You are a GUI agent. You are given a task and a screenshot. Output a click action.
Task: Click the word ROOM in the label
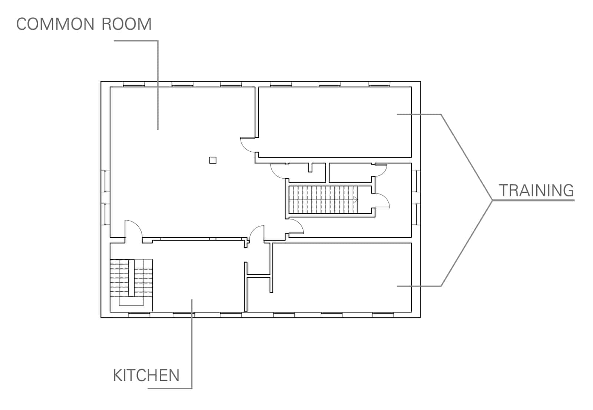coord(126,24)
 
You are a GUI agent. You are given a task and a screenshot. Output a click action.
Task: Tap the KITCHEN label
coord(146,376)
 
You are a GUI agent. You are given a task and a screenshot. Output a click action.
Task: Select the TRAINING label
coord(536,191)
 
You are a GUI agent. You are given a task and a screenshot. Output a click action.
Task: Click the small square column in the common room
coord(213,160)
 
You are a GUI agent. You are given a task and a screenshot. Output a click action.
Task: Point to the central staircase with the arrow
coord(323,199)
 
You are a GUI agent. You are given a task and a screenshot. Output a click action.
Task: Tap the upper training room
coord(335,122)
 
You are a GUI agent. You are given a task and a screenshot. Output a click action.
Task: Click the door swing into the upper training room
coord(248,145)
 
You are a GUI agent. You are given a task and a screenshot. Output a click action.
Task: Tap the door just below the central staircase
coord(295,226)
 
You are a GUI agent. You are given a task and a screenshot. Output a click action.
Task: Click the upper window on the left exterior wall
coord(106,181)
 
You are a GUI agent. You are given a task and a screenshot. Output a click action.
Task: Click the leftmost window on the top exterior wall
coord(134,84)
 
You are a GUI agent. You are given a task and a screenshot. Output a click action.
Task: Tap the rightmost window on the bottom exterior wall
coord(383,315)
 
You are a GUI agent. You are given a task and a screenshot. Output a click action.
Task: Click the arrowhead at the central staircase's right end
coord(356,200)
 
